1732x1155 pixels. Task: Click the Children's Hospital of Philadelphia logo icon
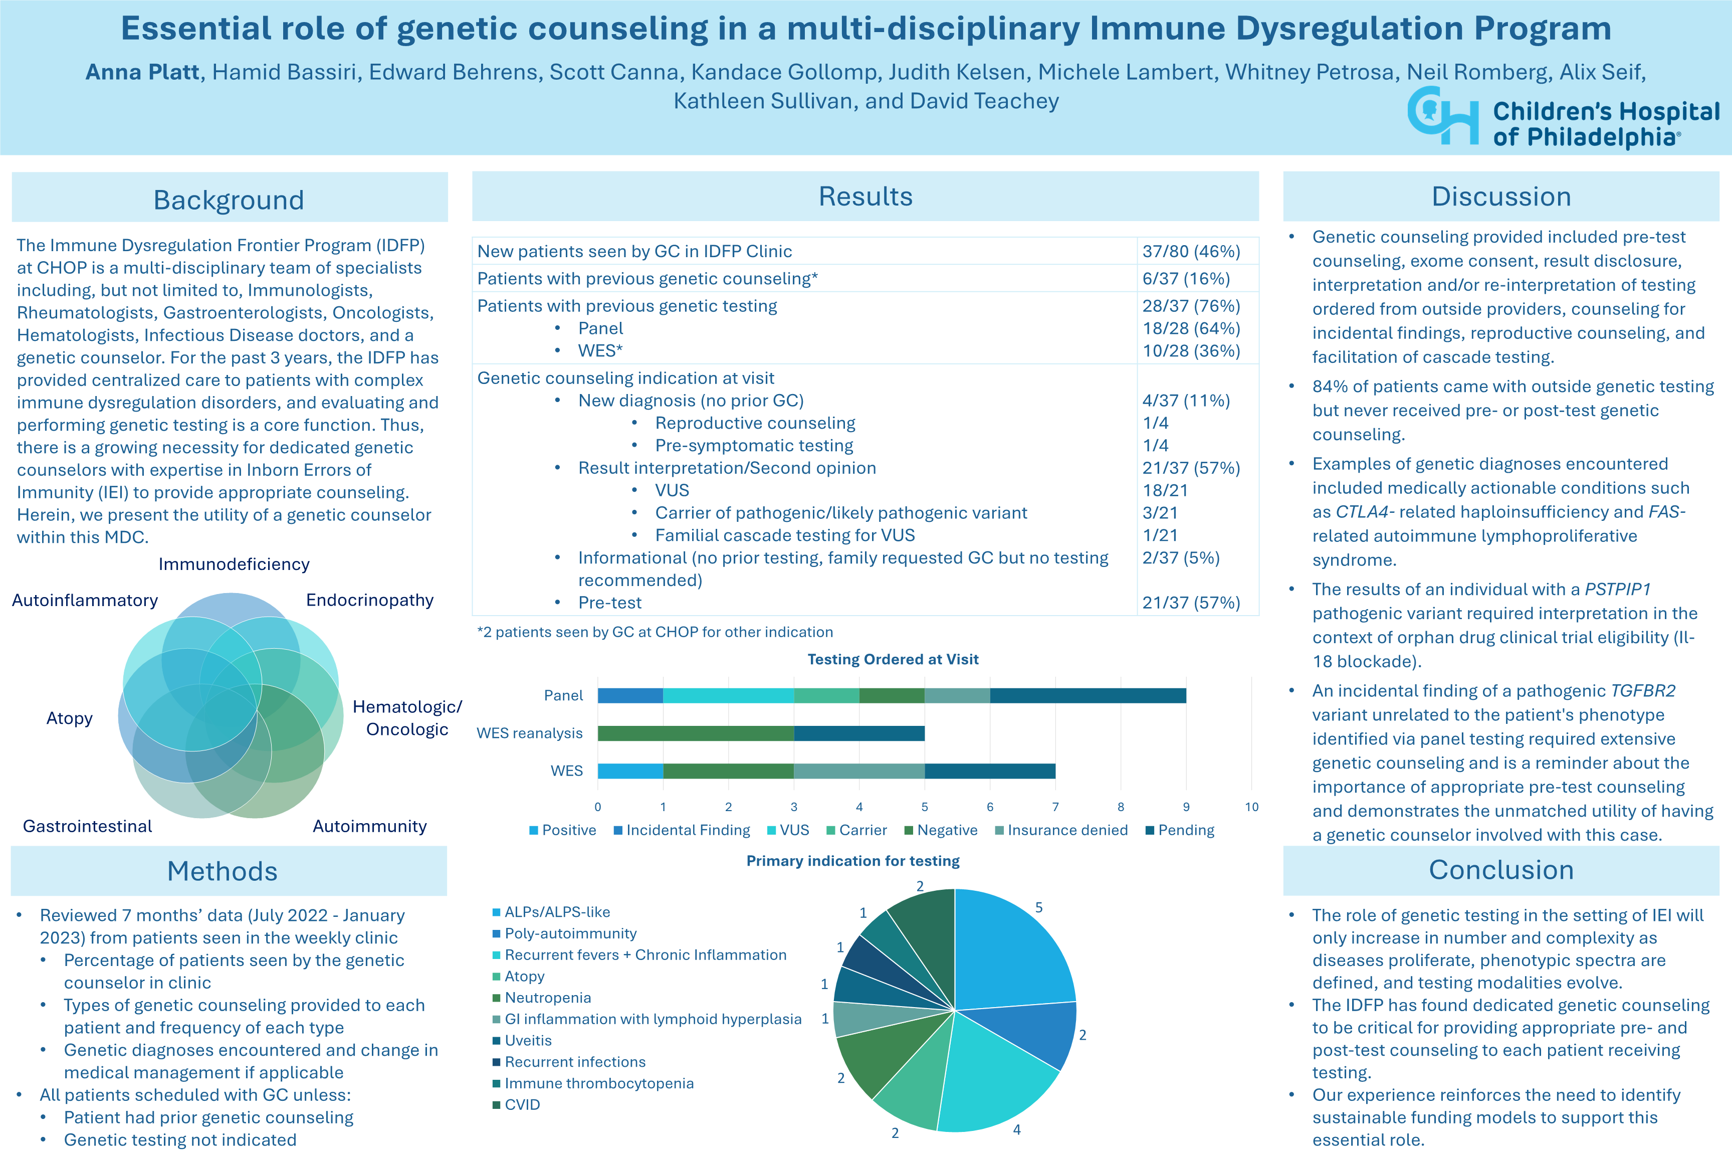pyautogui.click(x=1442, y=116)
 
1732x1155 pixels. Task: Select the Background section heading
pyautogui.click(x=229, y=200)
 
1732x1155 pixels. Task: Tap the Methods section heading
pyautogui.click(x=223, y=871)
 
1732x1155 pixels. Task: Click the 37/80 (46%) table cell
pyautogui.click(x=1191, y=251)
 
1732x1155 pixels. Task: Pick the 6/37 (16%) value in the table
pyautogui.click(x=1186, y=278)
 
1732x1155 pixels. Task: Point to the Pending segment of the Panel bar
pyautogui.click(x=1088, y=695)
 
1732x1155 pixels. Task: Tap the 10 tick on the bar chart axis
pyautogui.click(x=1251, y=807)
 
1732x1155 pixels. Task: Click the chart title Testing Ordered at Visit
pyautogui.click(x=893, y=659)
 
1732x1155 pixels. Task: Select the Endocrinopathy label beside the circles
pyautogui.click(x=370, y=601)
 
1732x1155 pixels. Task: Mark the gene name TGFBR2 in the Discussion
pyautogui.click(x=1642, y=691)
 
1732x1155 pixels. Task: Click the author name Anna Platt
pyautogui.click(x=142, y=72)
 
